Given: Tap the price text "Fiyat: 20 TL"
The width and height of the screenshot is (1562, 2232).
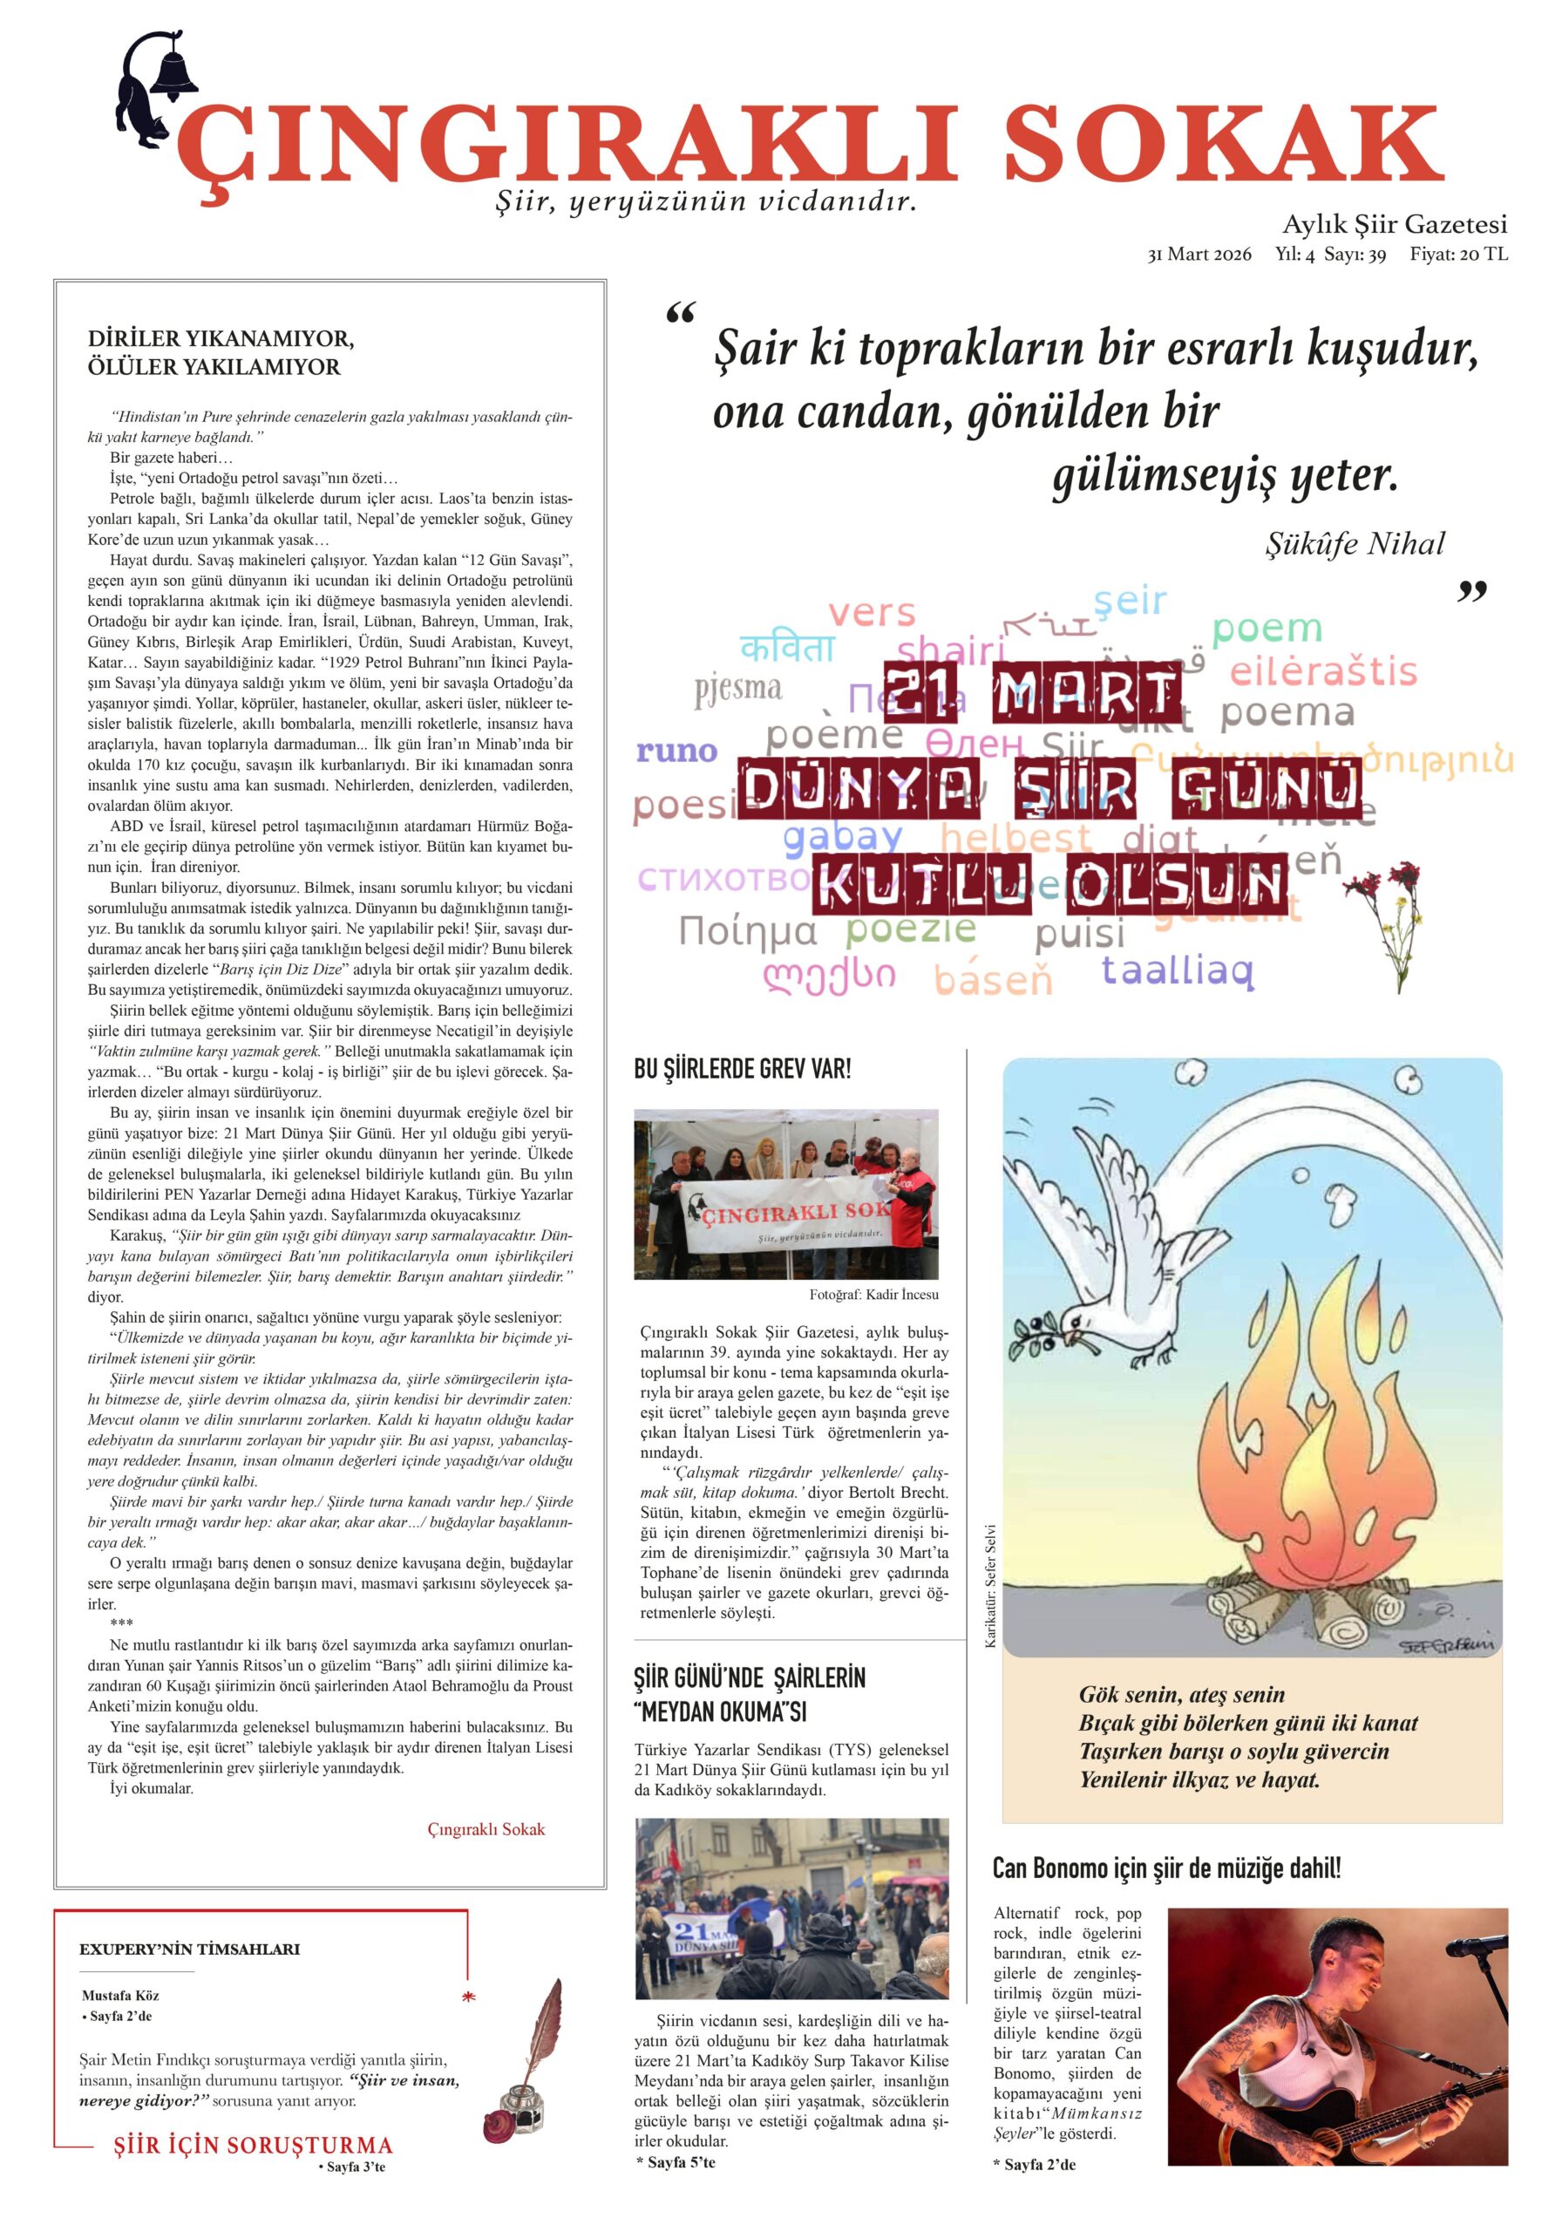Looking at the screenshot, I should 1459,255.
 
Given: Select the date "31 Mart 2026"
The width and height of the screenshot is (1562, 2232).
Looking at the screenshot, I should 1199,255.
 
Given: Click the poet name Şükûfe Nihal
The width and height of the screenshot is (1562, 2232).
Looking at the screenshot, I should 1355,543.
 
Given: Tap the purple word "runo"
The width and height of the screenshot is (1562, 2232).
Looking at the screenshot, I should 676,751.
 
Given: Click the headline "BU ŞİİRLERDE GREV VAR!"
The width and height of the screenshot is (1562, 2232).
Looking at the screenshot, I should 742,1069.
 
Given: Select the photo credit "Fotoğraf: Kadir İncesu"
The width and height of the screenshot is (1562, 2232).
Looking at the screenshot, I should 873,1295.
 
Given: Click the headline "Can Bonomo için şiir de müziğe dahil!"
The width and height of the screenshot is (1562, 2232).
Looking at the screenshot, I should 1166,1868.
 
